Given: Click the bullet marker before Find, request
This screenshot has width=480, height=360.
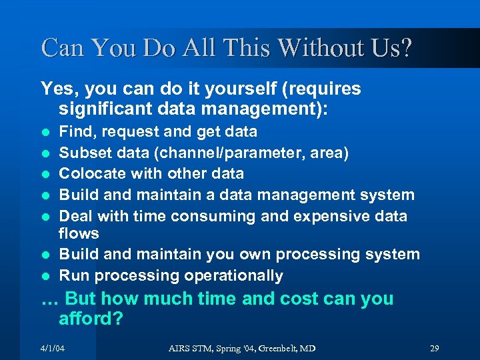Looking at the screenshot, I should click(x=45, y=132).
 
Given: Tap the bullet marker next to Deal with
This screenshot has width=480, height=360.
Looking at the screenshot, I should click(x=45, y=217).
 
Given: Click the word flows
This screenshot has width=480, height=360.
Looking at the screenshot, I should click(x=79, y=233).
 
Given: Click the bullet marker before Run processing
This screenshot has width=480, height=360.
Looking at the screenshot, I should click(x=45, y=276).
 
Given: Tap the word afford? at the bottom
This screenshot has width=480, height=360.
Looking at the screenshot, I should click(x=91, y=319).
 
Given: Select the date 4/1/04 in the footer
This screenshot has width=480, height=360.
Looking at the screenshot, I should click(x=53, y=349).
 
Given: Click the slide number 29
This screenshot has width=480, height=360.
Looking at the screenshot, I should click(x=434, y=349).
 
